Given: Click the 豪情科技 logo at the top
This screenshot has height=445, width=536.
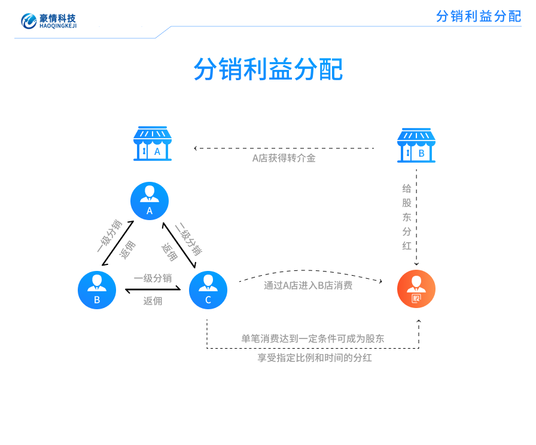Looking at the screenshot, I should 49,21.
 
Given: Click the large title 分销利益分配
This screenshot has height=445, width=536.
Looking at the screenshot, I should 268,69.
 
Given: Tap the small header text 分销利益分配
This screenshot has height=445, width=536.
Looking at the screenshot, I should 479,16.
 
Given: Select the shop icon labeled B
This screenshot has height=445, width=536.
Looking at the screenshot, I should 416,145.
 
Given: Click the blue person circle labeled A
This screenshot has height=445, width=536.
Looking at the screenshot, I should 150,200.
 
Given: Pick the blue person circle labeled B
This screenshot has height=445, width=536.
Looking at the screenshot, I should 97,290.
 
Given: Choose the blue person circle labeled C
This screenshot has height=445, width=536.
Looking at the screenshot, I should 208,290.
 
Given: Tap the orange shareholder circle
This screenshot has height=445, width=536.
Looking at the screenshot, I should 416,289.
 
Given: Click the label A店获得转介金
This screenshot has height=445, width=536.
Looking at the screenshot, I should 284,159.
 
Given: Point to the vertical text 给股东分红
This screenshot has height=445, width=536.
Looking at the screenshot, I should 407,217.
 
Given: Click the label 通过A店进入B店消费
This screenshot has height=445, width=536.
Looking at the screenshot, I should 308,285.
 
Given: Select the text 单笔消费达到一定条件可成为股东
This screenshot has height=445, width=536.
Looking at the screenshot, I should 313,339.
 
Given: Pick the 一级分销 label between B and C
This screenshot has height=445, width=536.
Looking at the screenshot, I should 153,278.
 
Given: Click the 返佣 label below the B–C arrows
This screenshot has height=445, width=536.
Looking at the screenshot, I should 153,301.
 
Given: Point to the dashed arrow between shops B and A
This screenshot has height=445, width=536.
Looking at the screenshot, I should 284,148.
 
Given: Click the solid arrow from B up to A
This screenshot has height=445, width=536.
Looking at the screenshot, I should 118,243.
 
